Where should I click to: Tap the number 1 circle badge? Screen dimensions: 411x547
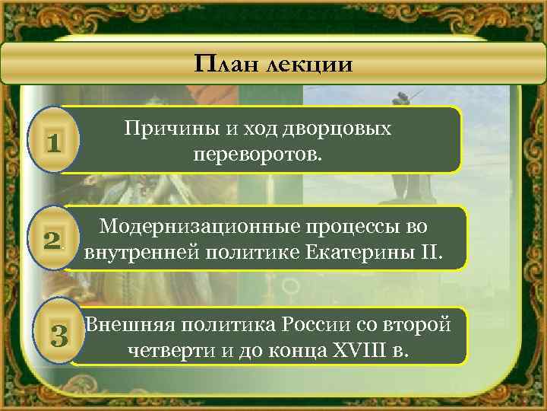click(52, 140)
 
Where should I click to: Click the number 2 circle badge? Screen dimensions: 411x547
click(52, 241)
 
